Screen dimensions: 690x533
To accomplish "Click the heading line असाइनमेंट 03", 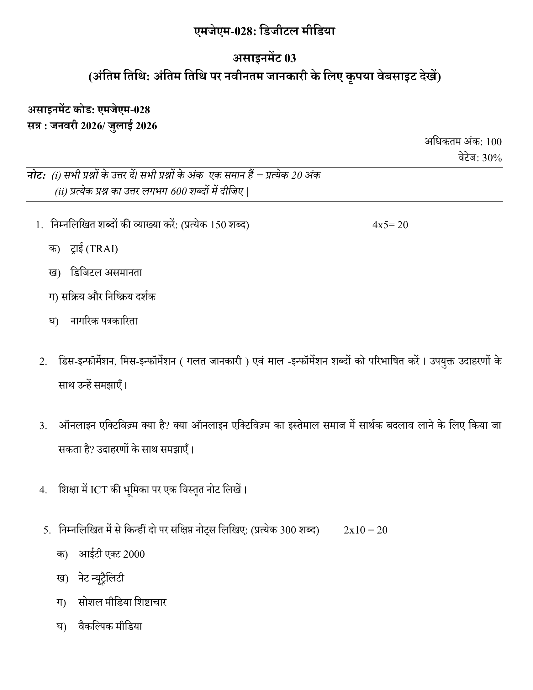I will (x=264, y=58).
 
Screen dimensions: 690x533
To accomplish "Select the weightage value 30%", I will (x=492, y=158).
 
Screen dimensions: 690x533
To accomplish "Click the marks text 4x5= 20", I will (x=390, y=225).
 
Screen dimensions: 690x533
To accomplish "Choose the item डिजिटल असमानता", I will (x=106, y=273).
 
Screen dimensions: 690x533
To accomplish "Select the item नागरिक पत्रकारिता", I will (x=104, y=321).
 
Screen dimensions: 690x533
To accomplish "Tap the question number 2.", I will (x=43, y=362).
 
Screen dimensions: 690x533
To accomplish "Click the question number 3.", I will (x=43, y=426).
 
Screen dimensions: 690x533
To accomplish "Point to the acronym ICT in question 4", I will (x=99, y=490).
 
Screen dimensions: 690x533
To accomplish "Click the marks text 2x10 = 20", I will (x=365, y=530).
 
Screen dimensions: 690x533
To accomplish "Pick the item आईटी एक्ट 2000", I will (x=112, y=554).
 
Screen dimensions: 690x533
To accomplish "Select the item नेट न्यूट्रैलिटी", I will (x=101, y=578).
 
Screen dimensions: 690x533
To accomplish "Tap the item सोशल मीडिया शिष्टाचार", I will (x=122, y=602).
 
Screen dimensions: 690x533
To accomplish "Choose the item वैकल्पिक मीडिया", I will (x=110, y=626).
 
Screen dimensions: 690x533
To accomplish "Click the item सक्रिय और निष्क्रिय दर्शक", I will (x=108, y=297).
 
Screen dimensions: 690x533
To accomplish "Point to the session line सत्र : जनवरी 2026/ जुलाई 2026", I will (x=92, y=126).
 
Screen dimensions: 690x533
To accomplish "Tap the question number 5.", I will (x=47, y=530).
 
